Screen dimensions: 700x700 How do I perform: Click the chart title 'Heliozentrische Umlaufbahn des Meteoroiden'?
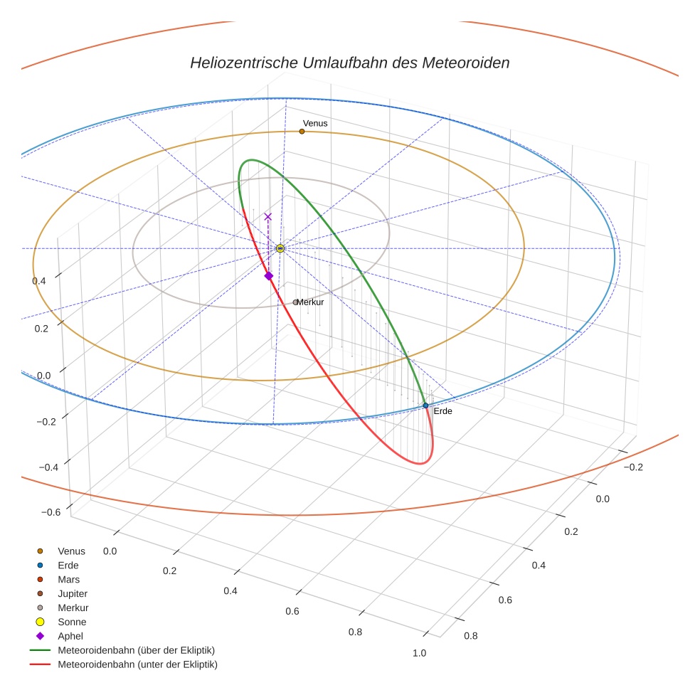[x=349, y=63]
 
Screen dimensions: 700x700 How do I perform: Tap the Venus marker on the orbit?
[x=302, y=132]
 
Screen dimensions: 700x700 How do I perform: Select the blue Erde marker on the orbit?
[x=425, y=405]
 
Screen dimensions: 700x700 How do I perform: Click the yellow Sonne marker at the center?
[x=280, y=248]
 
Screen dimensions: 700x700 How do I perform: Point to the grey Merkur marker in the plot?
[x=296, y=302]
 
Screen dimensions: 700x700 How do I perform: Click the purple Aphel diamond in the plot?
[x=268, y=276]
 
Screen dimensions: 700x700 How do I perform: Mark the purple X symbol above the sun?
[x=267, y=217]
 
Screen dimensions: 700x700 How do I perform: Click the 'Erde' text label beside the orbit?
[x=442, y=411]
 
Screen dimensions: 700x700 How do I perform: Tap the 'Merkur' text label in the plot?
[x=311, y=302]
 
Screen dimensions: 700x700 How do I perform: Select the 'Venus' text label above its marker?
[x=315, y=124]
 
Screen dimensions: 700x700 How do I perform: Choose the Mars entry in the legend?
[x=68, y=580]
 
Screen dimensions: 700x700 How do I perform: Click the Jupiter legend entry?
[x=73, y=593]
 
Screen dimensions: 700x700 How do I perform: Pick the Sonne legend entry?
[x=72, y=622]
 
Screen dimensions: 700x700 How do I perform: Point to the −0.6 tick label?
[x=51, y=512]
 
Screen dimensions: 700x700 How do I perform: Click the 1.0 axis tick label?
[x=419, y=653]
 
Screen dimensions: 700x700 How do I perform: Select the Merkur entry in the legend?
[x=73, y=608]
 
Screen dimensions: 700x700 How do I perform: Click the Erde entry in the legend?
[x=68, y=566]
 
